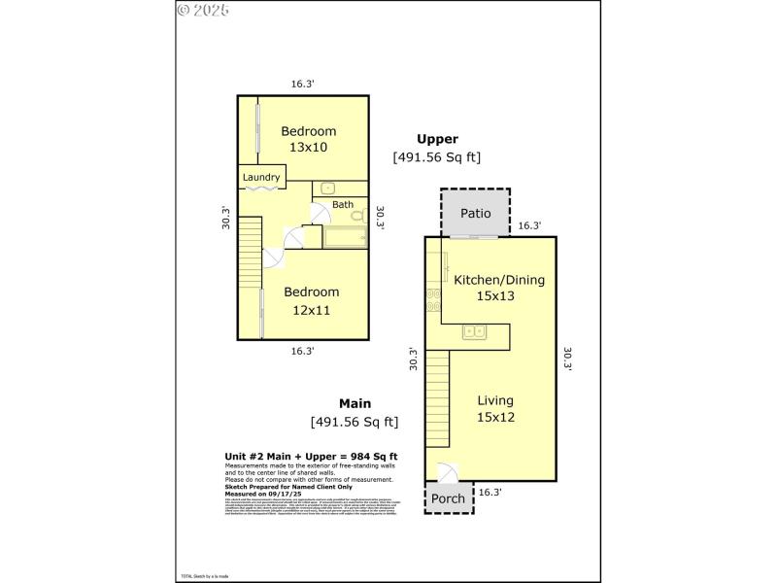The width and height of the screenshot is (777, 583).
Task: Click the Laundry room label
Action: tap(261, 178)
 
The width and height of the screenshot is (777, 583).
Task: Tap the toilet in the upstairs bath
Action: tap(357, 214)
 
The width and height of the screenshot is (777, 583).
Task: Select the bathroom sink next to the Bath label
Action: tap(327, 188)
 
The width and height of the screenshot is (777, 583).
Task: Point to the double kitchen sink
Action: tap(475, 332)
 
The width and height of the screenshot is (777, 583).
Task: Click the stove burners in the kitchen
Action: tap(430, 300)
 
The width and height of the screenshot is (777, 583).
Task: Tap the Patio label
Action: tap(475, 214)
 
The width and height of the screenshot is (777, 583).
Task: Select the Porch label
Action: tap(448, 498)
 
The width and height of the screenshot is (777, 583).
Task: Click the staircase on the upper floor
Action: tap(251, 244)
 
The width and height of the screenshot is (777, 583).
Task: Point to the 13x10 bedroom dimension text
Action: tap(308, 148)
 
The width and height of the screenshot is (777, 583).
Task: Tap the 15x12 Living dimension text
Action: tap(494, 417)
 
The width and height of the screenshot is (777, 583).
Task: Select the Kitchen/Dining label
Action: tap(499, 280)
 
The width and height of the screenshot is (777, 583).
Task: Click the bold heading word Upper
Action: tap(437, 139)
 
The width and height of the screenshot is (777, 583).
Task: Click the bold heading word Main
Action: tap(356, 403)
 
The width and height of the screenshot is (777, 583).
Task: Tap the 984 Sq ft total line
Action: tap(311, 456)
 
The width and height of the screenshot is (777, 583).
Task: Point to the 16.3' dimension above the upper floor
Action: tap(303, 85)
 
